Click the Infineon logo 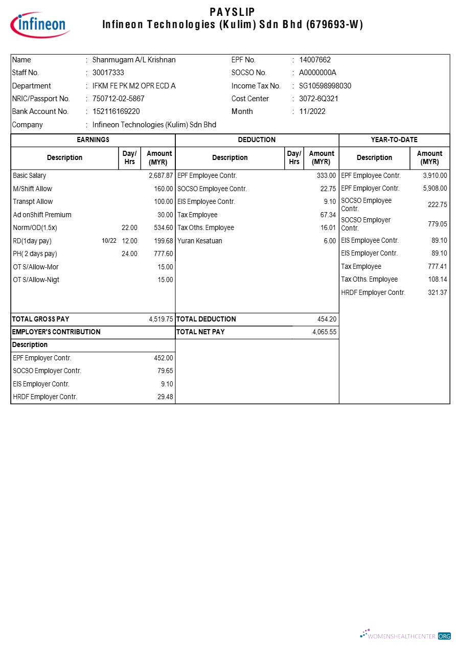click(x=40, y=25)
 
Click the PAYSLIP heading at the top click(x=232, y=11)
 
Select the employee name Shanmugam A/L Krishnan click(x=134, y=60)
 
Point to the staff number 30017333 click(x=108, y=73)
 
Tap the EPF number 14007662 click(x=315, y=60)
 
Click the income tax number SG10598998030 click(x=325, y=86)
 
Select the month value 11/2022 click(x=312, y=111)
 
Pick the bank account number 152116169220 click(x=116, y=111)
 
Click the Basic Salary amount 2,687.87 click(x=161, y=175)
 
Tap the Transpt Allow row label click(x=33, y=201)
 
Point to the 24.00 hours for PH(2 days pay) click(x=129, y=254)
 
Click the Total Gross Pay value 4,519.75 click(x=161, y=319)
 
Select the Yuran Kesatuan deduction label click(x=200, y=241)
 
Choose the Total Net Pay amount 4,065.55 click(x=324, y=332)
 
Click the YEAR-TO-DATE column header click(x=394, y=140)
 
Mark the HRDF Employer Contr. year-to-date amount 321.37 click(x=437, y=292)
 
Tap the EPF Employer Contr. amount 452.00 click(x=164, y=358)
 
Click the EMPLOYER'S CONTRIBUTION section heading click(x=56, y=332)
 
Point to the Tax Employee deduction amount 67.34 click(x=328, y=215)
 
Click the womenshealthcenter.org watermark click(x=406, y=635)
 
